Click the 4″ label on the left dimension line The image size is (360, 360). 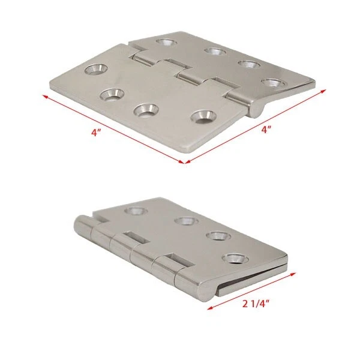[x=96, y=133]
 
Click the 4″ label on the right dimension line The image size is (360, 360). [x=266, y=130]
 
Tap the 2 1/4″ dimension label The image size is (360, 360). [x=256, y=304]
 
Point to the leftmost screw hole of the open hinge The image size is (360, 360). [x=96, y=70]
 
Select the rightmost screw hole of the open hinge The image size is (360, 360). [x=274, y=83]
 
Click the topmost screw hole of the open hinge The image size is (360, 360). [x=166, y=42]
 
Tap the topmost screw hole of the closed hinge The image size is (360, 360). [x=137, y=211]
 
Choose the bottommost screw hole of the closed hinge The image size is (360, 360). [x=235, y=258]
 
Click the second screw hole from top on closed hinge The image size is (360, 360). [x=186, y=221]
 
